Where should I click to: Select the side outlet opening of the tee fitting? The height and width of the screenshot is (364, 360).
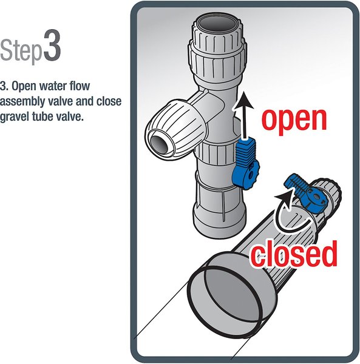[x=158, y=145]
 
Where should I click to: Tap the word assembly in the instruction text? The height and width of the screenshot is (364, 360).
[x=23, y=100]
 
